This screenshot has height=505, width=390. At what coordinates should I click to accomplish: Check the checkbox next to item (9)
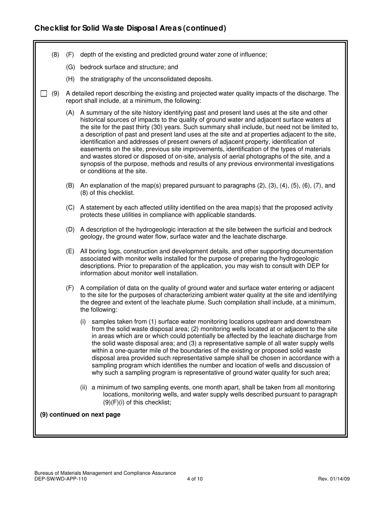pyautogui.click(x=44, y=94)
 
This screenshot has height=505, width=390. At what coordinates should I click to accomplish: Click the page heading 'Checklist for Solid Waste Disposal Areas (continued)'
pyautogui.click(x=130, y=28)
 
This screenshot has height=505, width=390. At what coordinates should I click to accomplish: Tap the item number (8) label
pyautogui.click(x=55, y=55)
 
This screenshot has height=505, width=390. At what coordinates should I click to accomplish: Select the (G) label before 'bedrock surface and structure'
pyautogui.click(x=71, y=67)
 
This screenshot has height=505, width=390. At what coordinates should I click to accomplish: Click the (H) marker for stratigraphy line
pyautogui.click(x=71, y=79)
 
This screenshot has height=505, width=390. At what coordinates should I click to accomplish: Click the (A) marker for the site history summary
pyautogui.click(x=71, y=112)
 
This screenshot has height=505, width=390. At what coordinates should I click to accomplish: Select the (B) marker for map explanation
pyautogui.click(x=71, y=186)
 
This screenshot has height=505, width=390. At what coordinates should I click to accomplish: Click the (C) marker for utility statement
pyautogui.click(x=71, y=208)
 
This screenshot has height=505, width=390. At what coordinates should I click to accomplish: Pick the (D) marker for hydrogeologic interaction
pyautogui.click(x=71, y=230)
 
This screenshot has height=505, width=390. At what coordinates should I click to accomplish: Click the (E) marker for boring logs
pyautogui.click(x=71, y=251)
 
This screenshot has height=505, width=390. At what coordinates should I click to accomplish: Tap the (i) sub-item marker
pyautogui.click(x=83, y=321)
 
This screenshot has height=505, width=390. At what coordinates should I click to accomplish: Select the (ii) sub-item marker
pyautogui.click(x=84, y=387)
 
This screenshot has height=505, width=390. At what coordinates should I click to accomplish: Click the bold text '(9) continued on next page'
pyautogui.click(x=80, y=415)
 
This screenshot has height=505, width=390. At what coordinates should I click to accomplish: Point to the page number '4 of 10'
pyautogui.click(x=195, y=479)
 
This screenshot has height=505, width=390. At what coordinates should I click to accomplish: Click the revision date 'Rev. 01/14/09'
pyautogui.click(x=334, y=479)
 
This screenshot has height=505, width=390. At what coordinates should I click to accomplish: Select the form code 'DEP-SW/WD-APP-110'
pyautogui.click(x=61, y=479)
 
